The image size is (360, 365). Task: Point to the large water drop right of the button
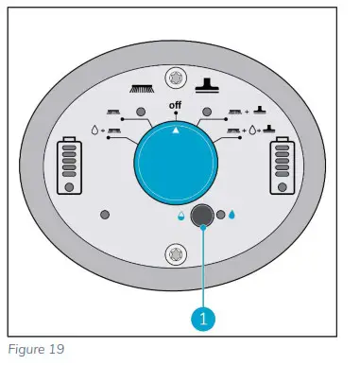coord(231,215)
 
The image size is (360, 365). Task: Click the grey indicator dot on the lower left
coord(105,215)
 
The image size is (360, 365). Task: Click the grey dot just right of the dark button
coord(219,215)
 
